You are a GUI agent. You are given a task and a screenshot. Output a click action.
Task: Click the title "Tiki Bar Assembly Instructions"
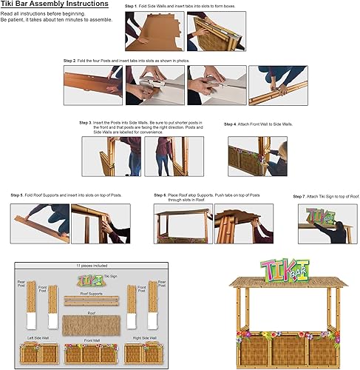55,4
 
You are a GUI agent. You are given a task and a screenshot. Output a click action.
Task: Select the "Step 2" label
70,58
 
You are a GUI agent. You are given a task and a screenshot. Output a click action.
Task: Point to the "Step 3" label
86,122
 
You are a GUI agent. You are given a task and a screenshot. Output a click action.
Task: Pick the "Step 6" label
160,195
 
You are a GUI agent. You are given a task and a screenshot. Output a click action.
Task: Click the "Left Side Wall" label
38,338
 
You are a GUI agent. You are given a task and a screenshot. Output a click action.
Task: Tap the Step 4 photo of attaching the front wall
257,156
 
